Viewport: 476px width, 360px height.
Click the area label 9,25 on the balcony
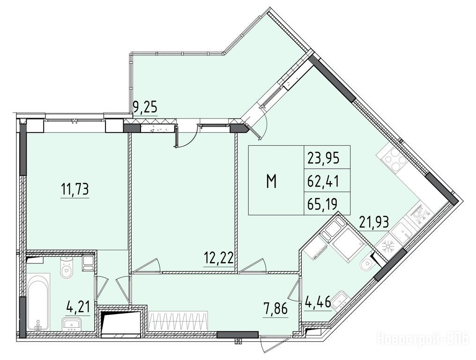click(x=145, y=107)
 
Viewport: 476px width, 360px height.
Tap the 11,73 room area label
click(x=74, y=189)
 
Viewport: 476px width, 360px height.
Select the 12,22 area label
click(x=219, y=258)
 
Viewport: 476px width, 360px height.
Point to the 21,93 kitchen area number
click(x=374, y=222)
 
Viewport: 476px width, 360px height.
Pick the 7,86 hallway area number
click(x=275, y=310)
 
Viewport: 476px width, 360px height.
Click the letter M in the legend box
click(x=271, y=182)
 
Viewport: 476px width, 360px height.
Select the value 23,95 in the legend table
click(x=323, y=158)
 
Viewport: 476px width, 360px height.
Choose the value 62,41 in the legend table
click(x=323, y=182)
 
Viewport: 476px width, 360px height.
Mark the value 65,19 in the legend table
click(x=322, y=204)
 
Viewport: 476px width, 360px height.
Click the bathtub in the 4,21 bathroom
click(x=39, y=303)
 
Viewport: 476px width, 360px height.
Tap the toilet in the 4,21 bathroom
click(x=66, y=267)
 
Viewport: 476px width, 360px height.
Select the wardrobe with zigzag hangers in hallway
click(x=178, y=322)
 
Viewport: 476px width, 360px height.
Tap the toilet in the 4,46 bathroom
click(x=368, y=264)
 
